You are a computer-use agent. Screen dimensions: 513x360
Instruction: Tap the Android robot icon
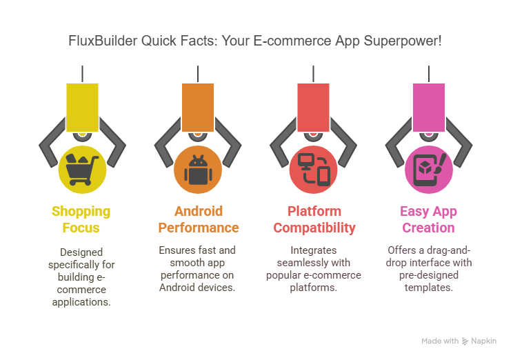pyautogui.click(x=198, y=170)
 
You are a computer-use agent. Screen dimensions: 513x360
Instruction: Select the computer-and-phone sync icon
pyautogui.click(x=314, y=170)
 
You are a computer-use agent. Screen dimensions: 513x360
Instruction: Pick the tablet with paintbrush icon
pyautogui.click(x=430, y=170)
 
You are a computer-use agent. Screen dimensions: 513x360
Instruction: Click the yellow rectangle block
pyautogui.click(x=82, y=108)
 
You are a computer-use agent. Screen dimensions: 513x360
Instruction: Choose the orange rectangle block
pyautogui.click(x=198, y=108)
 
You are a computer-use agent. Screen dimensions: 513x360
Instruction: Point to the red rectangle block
pyautogui.click(x=313, y=108)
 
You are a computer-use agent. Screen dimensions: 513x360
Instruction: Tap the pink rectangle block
pyautogui.click(x=429, y=108)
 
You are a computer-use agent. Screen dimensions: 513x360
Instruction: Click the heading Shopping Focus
pyautogui.click(x=81, y=219)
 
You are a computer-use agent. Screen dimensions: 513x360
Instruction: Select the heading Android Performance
pyautogui.click(x=199, y=219)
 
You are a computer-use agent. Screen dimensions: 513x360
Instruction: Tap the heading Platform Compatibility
pyautogui.click(x=314, y=219)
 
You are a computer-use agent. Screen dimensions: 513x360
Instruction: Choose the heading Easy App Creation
pyautogui.click(x=429, y=219)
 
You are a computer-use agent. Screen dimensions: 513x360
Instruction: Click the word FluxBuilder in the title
pyautogui.click(x=103, y=41)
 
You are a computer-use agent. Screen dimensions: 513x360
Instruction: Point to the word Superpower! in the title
pyautogui.click(x=403, y=41)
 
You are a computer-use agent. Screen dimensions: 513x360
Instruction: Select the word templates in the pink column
pyautogui.click(x=429, y=288)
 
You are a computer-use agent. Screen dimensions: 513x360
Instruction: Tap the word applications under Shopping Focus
pyautogui.click(x=81, y=302)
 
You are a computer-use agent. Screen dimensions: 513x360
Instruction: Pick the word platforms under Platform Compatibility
pyautogui.click(x=314, y=288)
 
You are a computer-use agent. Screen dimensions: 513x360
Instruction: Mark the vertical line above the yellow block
pyautogui.click(x=83, y=74)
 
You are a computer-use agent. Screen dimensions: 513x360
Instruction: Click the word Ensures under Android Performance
pyautogui.click(x=176, y=250)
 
